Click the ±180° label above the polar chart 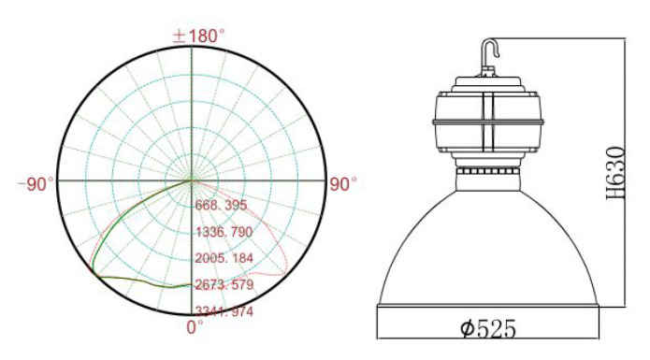pos(199,36)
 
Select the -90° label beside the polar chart pos(36,184)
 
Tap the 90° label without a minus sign pos(343,184)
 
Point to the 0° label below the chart pos(195,327)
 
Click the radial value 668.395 pos(222,205)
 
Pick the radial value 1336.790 pos(224,232)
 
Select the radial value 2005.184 pos(224,258)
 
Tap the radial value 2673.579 pos(224,284)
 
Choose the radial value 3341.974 pos(224,311)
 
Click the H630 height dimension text pos(615,173)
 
